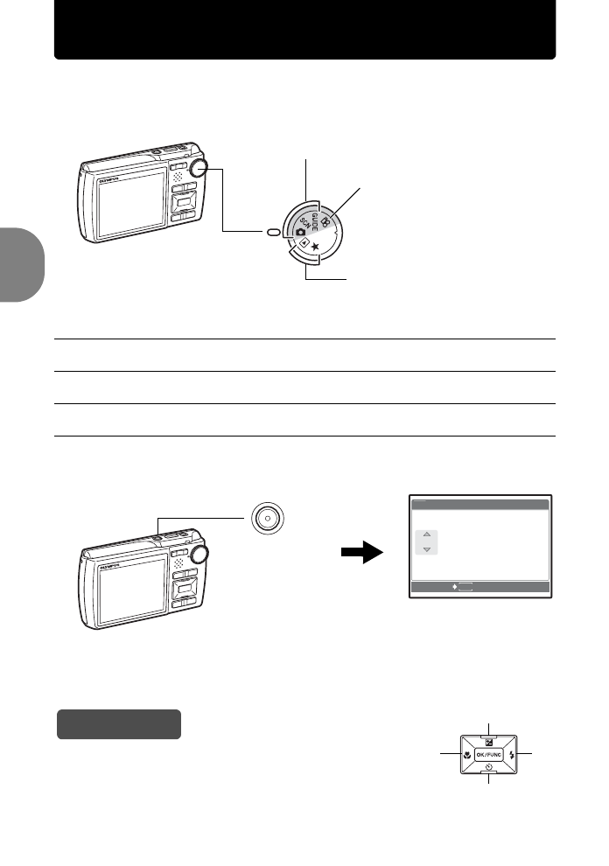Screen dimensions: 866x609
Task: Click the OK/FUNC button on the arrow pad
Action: click(486, 754)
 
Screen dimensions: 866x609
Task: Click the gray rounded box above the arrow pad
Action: click(119, 724)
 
